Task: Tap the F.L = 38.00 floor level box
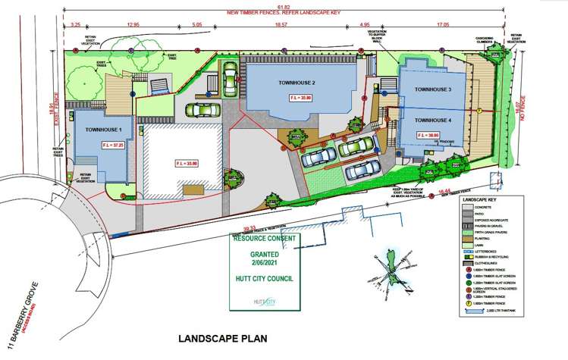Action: pos(428,134)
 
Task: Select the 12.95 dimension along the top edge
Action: pos(135,24)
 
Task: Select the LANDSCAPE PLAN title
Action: pos(221,337)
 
